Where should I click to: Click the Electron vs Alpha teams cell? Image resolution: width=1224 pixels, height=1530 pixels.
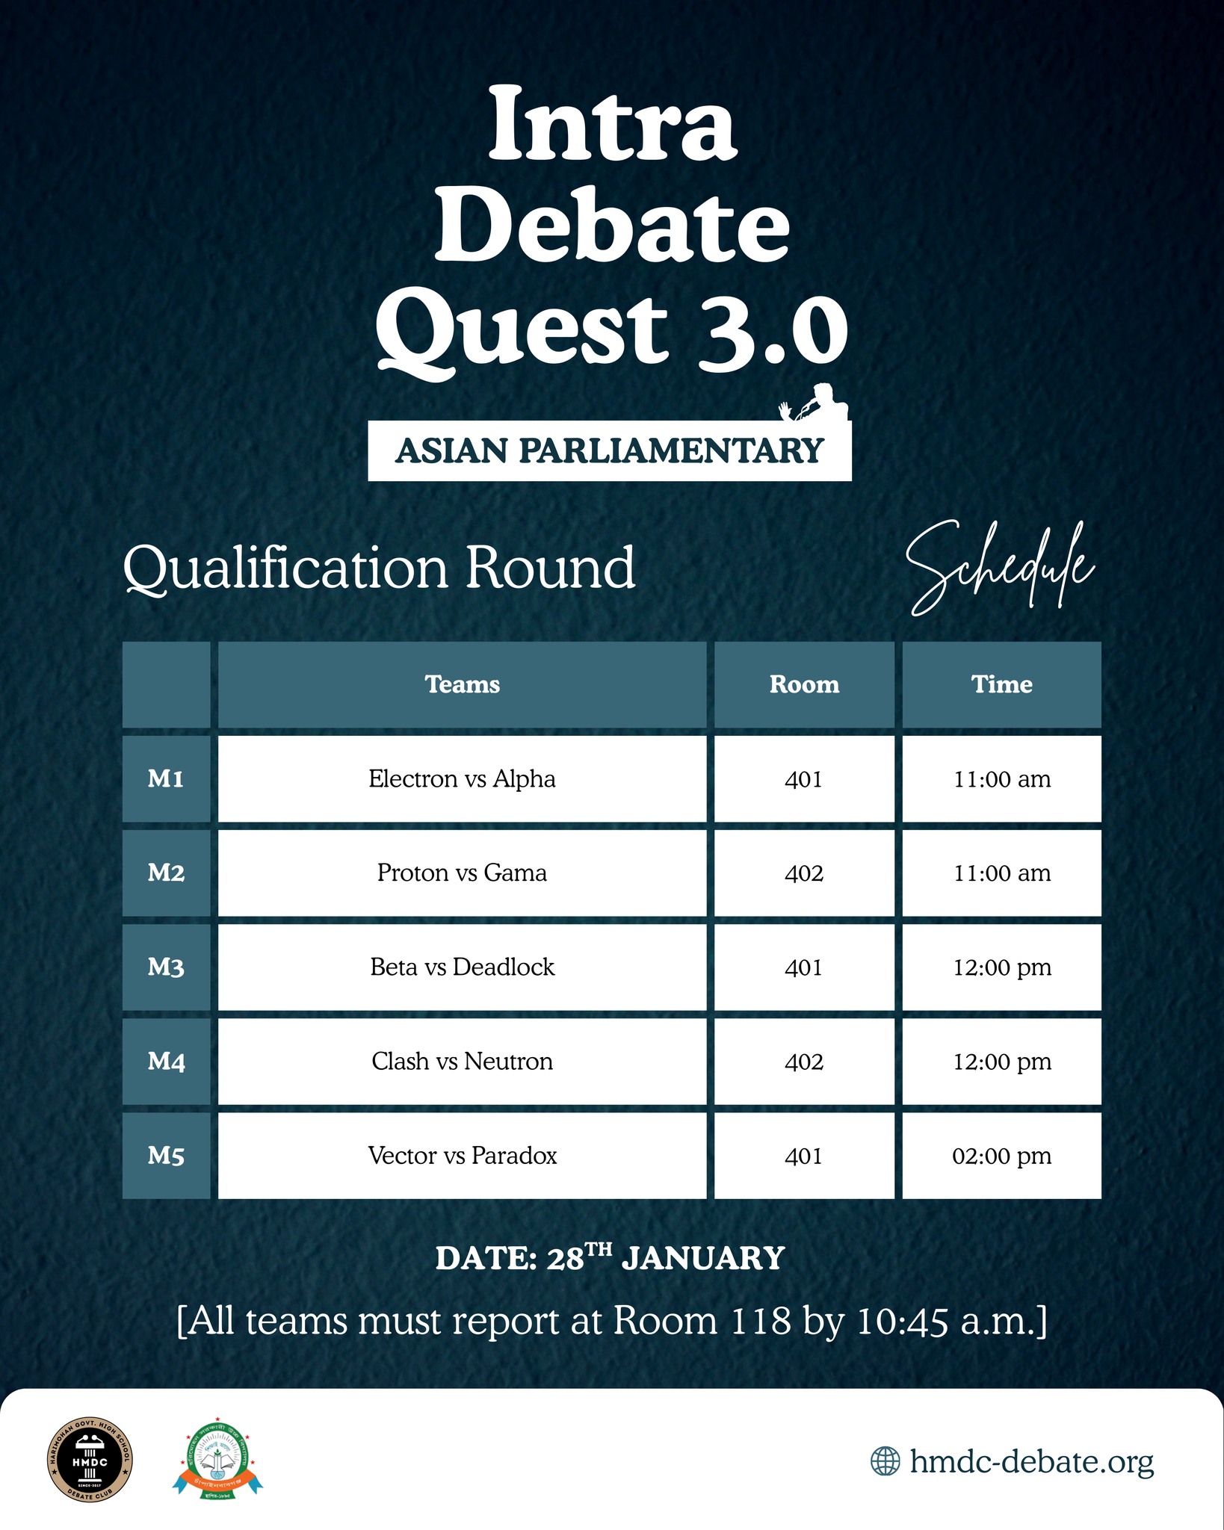click(462, 779)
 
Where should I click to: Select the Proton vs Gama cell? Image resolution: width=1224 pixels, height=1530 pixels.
click(462, 873)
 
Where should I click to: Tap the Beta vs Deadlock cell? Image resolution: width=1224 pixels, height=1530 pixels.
click(462, 967)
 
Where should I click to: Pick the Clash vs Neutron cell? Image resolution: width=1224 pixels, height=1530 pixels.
click(462, 1062)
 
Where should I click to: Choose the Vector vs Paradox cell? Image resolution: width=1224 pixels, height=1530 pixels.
click(462, 1156)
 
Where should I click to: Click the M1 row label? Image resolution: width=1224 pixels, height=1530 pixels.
click(166, 779)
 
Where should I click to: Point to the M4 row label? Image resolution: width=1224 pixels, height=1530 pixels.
click(166, 1062)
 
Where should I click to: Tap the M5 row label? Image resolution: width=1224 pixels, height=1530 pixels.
click(166, 1156)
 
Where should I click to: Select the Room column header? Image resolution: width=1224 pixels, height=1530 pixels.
click(804, 684)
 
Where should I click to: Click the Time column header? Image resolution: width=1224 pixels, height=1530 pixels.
click(1001, 684)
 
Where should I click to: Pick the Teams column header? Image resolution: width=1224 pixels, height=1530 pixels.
click(462, 684)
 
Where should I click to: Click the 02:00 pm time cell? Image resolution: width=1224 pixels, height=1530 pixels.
click(1001, 1156)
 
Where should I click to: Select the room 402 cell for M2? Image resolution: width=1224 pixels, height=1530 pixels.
click(804, 873)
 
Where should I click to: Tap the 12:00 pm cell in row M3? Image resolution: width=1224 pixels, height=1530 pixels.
click(1001, 967)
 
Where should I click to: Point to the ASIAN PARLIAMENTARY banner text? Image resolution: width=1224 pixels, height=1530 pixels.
click(609, 451)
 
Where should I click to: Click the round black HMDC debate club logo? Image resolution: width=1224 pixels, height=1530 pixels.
click(90, 1459)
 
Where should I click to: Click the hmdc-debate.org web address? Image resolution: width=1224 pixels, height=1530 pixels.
click(1031, 1461)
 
